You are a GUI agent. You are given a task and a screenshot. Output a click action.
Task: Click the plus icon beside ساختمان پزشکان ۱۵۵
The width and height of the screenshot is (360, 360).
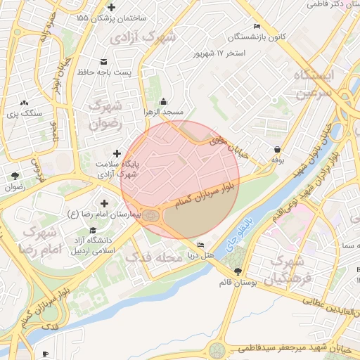click(111, 6)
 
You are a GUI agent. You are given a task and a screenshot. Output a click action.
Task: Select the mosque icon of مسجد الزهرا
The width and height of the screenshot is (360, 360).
click(164, 101)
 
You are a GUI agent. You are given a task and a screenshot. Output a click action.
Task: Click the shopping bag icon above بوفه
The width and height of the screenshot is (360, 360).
click(278, 149)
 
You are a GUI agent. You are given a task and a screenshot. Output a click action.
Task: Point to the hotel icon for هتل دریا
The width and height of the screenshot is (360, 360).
click(201, 245)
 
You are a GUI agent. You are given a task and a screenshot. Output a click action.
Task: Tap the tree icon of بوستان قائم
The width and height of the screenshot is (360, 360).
click(238, 271)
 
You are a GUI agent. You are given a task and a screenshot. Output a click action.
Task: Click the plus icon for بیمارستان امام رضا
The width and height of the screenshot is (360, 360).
click(104, 202)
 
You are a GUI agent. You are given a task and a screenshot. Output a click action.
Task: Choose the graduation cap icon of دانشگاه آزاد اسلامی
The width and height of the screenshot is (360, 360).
click(93, 231)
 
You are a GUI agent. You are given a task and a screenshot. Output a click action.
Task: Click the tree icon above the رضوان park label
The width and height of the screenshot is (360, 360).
click(15, 176)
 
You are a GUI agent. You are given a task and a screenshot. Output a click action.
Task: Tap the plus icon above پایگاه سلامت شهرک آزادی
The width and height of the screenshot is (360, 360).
click(117, 153)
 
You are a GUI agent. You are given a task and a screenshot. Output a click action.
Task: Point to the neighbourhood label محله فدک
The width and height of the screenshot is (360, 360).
click(148, 258)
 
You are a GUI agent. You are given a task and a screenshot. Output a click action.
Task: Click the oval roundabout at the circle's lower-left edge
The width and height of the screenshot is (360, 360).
click(150, 218)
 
